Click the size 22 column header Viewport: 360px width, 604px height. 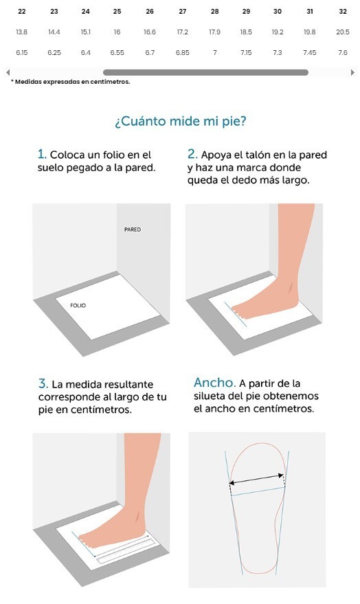pos(22,12)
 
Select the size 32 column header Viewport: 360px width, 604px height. pos(343,12)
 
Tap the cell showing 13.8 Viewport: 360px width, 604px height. pos(22,32)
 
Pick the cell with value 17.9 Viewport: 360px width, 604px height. pos(214,32)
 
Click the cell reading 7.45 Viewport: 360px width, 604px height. pos(310,52)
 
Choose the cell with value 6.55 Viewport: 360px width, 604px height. pos(117,52)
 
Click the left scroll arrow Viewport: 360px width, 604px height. pos(8,72)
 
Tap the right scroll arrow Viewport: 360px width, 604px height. pos(352,72)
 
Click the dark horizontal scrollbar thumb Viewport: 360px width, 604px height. pos(205,72)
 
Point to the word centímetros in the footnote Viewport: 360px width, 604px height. pos(110,82)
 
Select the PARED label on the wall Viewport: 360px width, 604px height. pos(133,230)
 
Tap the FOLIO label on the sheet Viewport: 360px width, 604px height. pos(78,306)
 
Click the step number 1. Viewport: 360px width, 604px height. pos(42,155)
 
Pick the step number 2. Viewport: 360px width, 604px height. pos(192,155)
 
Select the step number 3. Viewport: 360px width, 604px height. pos(43,383)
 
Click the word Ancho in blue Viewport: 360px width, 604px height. pos(214,383)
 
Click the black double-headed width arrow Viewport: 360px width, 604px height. pos(256,479)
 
